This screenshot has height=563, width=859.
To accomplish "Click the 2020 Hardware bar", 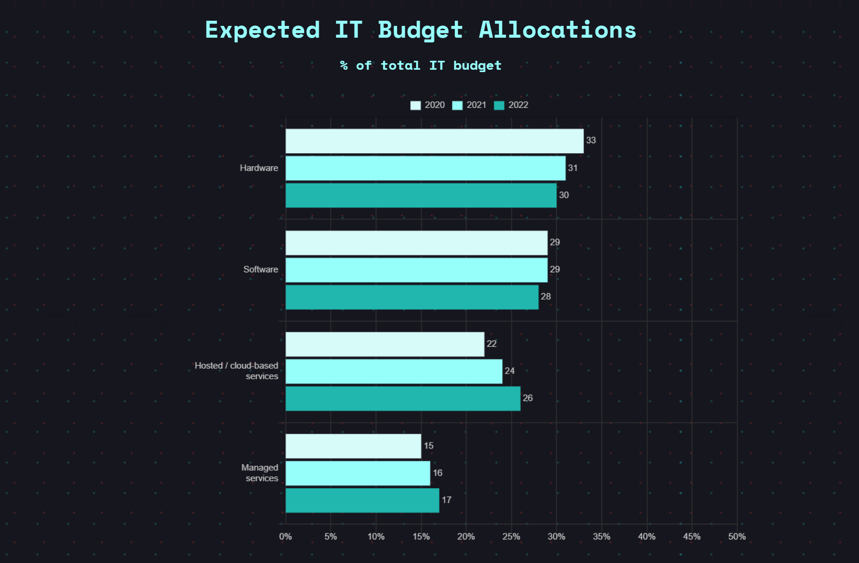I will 434,141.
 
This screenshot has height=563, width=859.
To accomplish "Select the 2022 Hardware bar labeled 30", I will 421,195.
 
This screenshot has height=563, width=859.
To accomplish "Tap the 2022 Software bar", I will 412,297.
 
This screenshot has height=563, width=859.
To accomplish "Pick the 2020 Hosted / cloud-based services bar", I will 384,344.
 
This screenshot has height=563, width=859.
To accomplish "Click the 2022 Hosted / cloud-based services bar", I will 403,399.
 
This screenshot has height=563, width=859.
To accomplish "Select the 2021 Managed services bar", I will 358,473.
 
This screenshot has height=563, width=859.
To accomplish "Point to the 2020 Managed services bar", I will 353,446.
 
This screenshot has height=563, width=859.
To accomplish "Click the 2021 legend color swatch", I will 457,105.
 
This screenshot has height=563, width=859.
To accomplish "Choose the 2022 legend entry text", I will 518,105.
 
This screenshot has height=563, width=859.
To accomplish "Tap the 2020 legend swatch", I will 415,105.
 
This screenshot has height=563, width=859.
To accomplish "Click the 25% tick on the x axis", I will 511,537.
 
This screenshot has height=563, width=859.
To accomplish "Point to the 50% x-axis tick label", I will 737,537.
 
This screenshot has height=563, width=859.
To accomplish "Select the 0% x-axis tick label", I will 285,537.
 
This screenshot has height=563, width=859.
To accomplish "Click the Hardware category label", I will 259,168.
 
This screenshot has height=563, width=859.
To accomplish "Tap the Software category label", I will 260,269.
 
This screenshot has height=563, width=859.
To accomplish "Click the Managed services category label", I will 260,473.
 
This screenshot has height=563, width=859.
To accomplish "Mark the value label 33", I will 591,140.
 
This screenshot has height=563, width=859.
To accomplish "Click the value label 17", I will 446,500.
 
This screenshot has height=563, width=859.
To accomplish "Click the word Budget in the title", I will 420,30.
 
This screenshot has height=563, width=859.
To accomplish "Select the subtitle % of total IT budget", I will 420,65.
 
